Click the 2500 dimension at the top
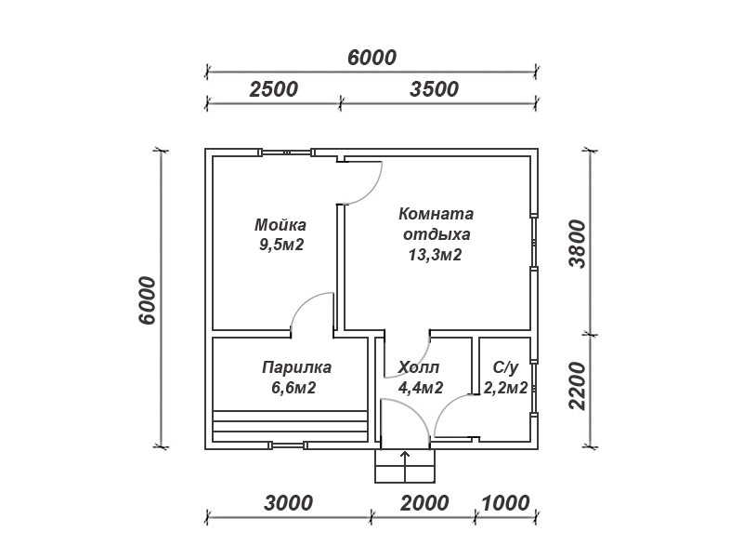[x=273, y=89]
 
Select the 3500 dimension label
[x=434, y=89]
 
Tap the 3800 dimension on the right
[x=578, y=244]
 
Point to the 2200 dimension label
[x=578, y=386]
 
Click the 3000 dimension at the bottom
[x=288, y=503]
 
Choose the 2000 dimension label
[x=424, y=503]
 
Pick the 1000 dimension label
[x=505, y=503]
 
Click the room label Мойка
[x=280, y=224]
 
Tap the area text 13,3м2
[x=435, y=255]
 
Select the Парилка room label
[x=296, y=367]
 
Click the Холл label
[x=419, y=367]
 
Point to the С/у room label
[x=505, y=367]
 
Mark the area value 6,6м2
[x=293, y=388]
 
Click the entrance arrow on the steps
[x=405, y=467]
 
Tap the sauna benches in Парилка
[x=291, y=426]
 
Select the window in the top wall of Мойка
[x=286, y=153]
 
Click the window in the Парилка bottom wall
[x=288, y=445]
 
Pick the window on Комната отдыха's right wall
[x=534, y=243]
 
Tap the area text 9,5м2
[x=281, y=245]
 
